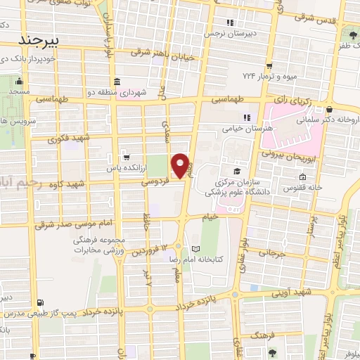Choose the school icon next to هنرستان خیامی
click(246, 117)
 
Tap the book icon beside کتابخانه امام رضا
click(195, 250)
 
